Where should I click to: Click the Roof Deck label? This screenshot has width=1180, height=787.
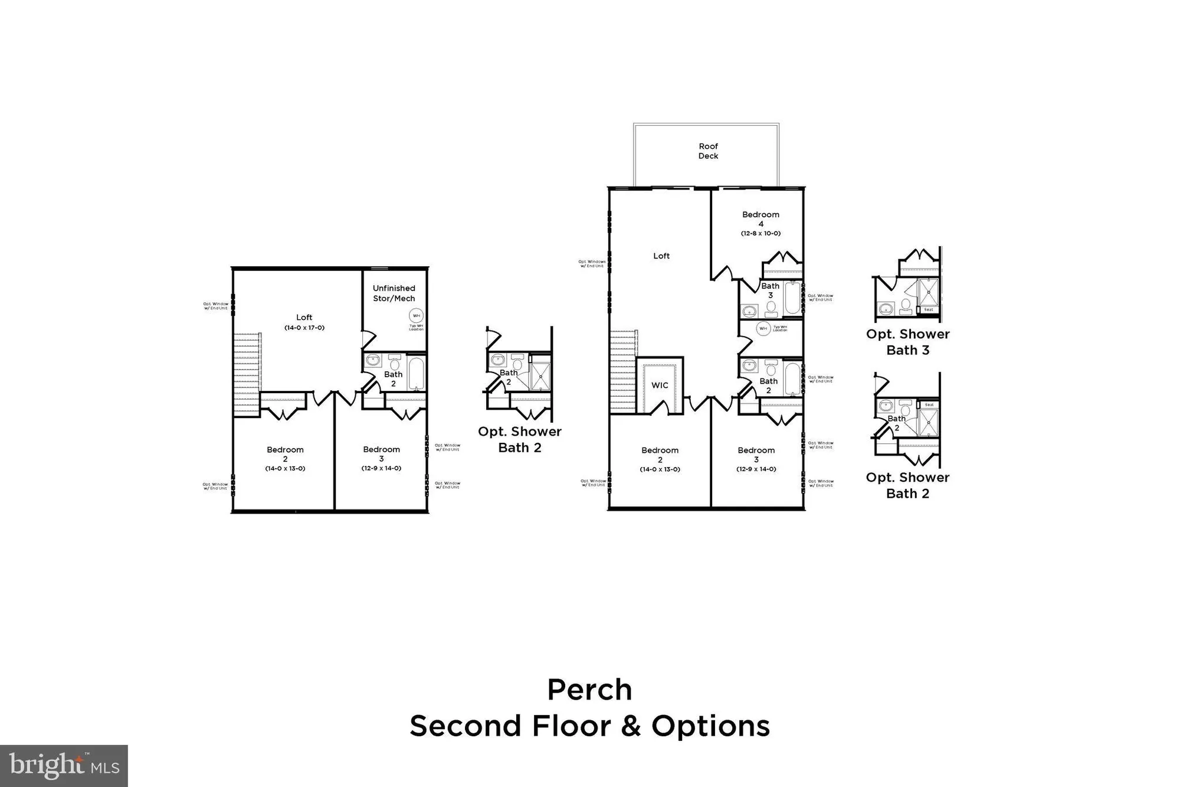pos(708,151)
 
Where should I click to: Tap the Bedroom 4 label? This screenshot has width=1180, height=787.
pos(761,219)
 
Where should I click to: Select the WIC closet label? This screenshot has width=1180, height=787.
pos(660,386)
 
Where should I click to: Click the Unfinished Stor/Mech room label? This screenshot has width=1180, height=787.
pos(394,293)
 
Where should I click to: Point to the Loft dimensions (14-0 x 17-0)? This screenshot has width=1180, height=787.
pos(304,328)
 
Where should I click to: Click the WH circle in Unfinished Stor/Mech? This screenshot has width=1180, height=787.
pos(417,316)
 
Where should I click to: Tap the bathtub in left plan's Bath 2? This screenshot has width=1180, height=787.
pos(417,373)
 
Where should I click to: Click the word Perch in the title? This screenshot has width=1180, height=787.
pos(589,690)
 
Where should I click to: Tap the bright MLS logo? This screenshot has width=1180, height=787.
pos(64,766)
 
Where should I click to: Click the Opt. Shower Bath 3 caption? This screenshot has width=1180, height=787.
pos(907,342)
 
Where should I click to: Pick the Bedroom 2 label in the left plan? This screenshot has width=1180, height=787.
pos(285,454)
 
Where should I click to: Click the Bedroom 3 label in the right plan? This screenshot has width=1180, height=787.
pos(756,455)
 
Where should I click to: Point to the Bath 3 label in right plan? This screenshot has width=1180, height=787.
pos(770,290)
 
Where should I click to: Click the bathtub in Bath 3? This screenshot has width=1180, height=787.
pos(792,299)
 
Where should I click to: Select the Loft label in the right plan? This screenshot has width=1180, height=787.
pos(661,256)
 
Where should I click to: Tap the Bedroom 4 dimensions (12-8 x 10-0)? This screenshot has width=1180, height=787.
pos(761,233)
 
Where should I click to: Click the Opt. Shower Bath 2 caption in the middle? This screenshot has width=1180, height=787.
pos(519,439)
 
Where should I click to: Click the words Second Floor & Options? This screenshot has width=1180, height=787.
pos(589,726)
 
